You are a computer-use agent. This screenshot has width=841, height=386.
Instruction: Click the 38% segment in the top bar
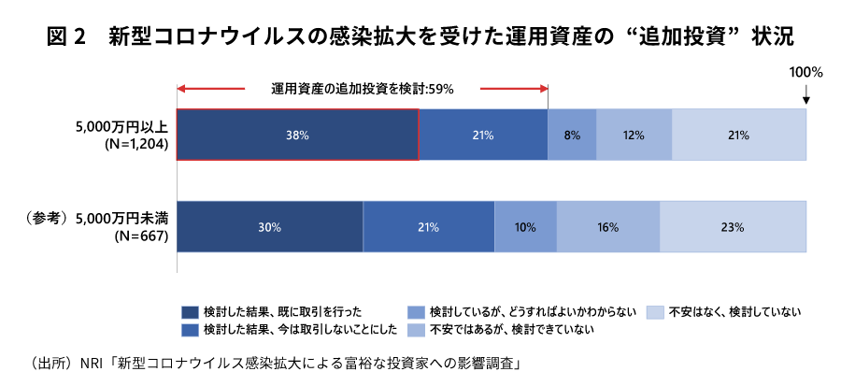[x=297, y=135]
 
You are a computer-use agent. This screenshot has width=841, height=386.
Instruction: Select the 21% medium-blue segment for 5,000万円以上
[x=483, y=135]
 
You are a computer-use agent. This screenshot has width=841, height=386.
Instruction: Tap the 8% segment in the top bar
[x=572, y=135]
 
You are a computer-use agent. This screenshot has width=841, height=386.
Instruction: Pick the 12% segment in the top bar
[x=634, y=135]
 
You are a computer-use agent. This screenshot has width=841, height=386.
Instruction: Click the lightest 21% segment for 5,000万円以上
[x=738, y=135]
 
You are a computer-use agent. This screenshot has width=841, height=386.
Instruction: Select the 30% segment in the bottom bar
[x=269, y=227]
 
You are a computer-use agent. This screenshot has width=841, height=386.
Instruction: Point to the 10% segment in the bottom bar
[x=526, y=227]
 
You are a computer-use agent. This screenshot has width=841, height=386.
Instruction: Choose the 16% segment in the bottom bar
[x=608, y=227]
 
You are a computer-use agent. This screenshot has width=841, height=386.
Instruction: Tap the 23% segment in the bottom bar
[x=733, y=227]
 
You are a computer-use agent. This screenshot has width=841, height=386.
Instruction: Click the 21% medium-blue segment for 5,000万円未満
[x=428, y=227]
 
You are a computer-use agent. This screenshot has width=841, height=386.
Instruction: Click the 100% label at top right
[x=805, y=72]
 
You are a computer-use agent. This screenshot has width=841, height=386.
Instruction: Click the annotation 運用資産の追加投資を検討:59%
[x=363, y=90]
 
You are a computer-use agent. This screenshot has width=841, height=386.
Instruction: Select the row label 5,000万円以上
[x=123, y=126]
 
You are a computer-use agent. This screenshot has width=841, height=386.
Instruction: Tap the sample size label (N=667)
[x=136, y=236]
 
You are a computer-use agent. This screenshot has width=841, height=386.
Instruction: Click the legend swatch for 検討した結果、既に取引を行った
[x=189, y=311]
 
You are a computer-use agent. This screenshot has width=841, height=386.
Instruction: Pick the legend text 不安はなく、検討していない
[x=734, y=311]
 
